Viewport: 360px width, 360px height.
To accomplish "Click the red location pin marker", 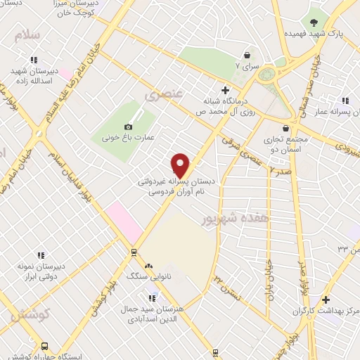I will tap(181, 165).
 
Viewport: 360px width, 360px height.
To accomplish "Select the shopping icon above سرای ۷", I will tap(247, 55).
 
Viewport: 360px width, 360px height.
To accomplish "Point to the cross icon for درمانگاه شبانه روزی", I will tap(225, 89).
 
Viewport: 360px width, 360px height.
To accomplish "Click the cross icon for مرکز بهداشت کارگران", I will tap(326, 300).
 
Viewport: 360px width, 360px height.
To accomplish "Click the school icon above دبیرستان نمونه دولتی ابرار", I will tap(41, 257).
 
